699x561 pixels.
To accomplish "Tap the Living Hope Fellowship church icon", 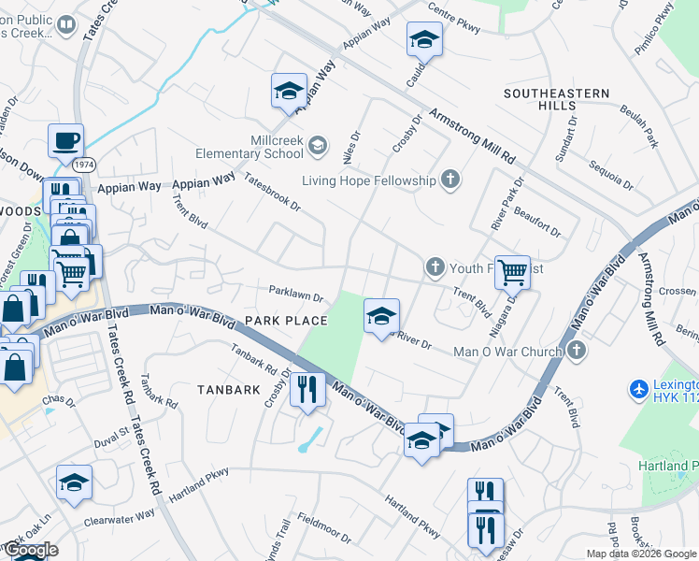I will coord(450,180).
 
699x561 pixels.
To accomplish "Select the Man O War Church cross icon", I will coord(577,351).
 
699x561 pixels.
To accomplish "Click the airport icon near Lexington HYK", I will coord(639,387).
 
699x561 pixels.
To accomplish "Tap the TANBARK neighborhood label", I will coord(228,389).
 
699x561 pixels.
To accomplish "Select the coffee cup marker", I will coord(65,141).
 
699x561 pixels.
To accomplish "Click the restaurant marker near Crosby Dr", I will coord(307,387).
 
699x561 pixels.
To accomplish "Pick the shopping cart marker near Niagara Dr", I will coord(512,272).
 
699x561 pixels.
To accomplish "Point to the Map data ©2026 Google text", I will coord(640,554).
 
